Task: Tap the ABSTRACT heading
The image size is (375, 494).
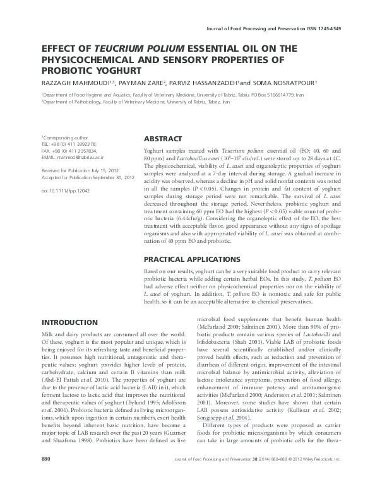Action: tap(163, 139)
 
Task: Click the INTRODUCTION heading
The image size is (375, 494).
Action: tap(70, 322)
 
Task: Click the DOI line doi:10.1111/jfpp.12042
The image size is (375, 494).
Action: tap(66, 189)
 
